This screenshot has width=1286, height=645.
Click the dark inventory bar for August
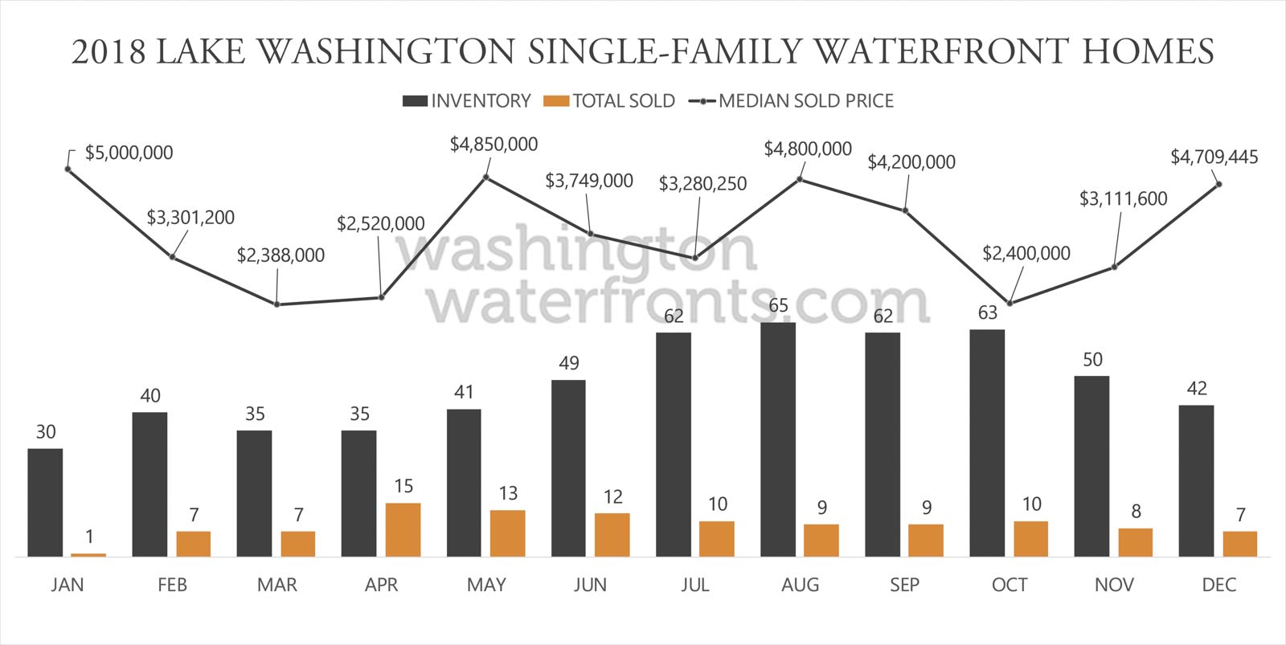point(777,439)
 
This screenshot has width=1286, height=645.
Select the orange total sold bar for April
point(403,529)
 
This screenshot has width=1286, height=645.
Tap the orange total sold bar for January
point(88,554)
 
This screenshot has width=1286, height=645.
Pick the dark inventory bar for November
point(1091,466)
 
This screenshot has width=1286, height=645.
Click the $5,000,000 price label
point(129,153)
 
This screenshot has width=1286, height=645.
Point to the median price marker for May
point(486,178)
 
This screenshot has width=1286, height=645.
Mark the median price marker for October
point(1010,303)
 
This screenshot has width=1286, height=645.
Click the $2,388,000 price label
point(281,255)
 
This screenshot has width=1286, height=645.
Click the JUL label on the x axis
point(695,585)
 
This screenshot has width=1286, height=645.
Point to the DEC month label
point(1218,585)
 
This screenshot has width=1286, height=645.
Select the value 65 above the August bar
point(778,305)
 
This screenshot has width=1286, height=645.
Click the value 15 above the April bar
point(403,486)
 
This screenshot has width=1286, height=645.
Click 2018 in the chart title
point(109,51)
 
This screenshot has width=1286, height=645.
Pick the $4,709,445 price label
point(1214,157)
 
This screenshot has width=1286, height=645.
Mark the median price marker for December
point(1219,185)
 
